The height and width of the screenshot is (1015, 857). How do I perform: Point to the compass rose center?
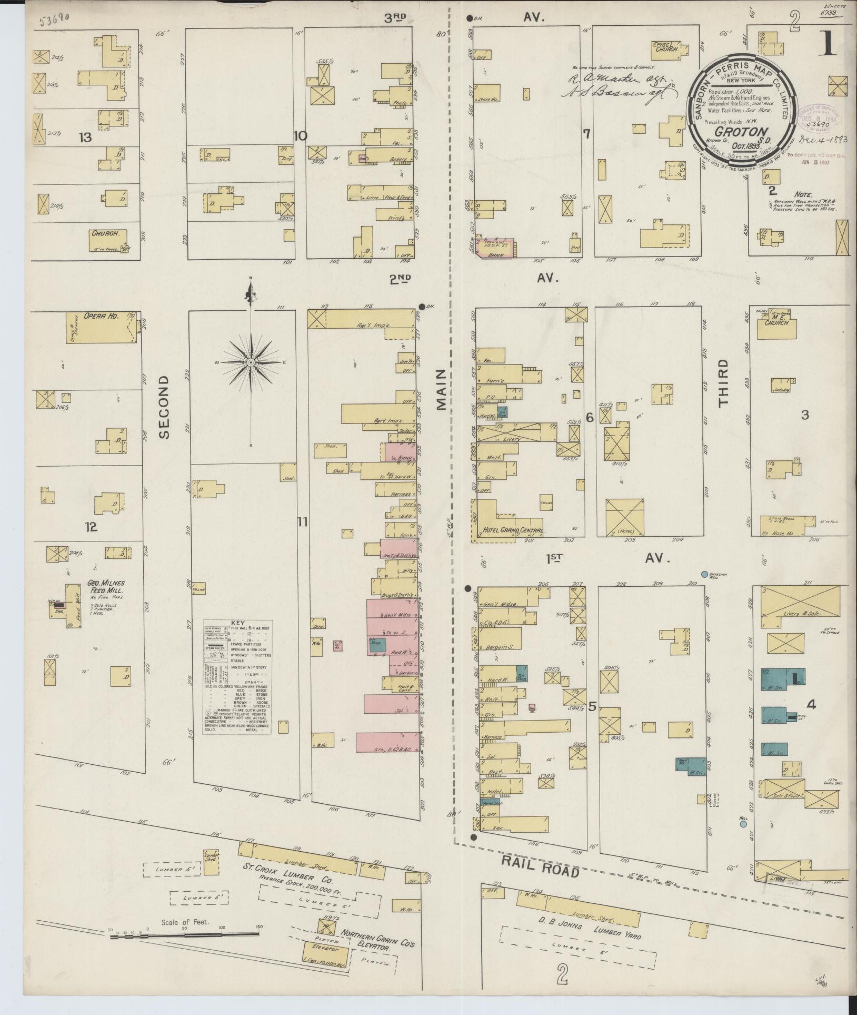tap(251, 363)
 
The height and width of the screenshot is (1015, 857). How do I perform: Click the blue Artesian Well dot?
tap(704, 574)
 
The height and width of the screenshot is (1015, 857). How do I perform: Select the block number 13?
tap(85, 138)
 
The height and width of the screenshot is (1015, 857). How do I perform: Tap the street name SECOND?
tap(165, 407)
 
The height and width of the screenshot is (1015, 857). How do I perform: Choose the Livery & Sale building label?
tap(799, 614)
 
